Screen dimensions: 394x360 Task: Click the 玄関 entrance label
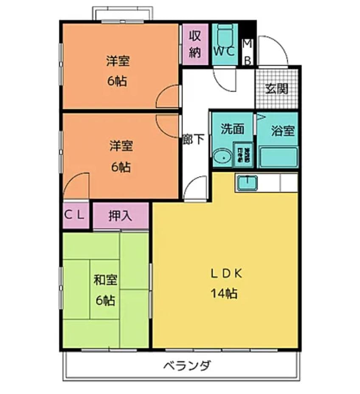point(276,89)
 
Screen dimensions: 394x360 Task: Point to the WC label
point(224,52)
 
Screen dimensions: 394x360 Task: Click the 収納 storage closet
point(195,44)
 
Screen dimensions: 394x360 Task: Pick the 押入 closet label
point(120,216)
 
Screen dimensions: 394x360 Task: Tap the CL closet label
point(76,215)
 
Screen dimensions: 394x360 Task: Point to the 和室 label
point(105,280)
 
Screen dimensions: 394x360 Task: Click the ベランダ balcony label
point(187,366)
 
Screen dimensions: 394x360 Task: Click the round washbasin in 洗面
point(222,158)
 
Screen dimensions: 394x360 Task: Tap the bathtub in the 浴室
point(278,158)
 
